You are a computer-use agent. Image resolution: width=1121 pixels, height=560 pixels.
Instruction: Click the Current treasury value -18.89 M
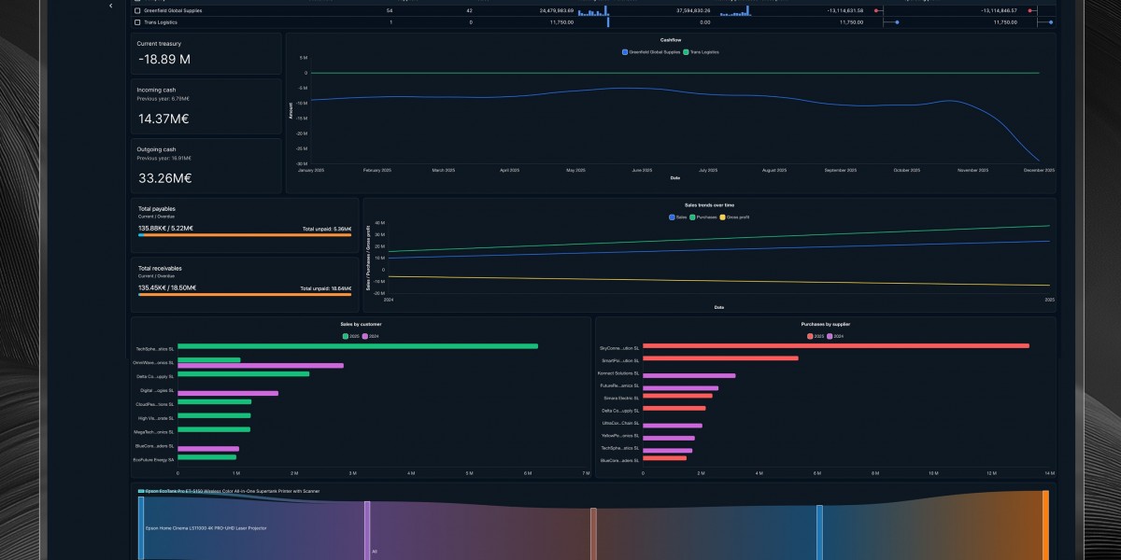coord(163,59)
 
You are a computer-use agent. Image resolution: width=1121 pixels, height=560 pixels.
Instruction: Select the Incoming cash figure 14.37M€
coord(163,119)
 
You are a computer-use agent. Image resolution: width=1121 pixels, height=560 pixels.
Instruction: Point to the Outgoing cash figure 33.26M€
coord(164,178)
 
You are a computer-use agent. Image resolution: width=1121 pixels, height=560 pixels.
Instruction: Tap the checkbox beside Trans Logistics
coord(138,21)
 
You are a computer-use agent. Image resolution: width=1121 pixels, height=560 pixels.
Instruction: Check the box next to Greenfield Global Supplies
coord(138,10)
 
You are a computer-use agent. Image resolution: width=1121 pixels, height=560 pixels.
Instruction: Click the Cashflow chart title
coord(670,40)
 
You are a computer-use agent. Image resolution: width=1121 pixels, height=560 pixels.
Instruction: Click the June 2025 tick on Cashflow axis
coord(642,171)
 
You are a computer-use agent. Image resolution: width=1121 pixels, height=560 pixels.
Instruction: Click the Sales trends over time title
coord(709,204)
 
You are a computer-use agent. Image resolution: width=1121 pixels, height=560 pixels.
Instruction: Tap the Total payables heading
coord(156,208)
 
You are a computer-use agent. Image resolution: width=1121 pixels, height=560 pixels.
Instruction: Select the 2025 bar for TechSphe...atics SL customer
coord(357,346)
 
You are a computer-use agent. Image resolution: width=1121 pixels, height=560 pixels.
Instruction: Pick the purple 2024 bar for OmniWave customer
coord(260,366)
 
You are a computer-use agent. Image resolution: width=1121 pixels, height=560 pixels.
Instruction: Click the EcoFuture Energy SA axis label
coord(153,460)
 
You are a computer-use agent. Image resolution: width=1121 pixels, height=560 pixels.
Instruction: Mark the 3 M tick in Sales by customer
coord(352,474)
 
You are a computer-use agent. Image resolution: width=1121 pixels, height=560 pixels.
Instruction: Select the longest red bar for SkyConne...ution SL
coord(835,346)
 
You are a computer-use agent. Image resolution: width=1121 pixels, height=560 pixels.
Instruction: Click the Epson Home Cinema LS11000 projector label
coord(206,528)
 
